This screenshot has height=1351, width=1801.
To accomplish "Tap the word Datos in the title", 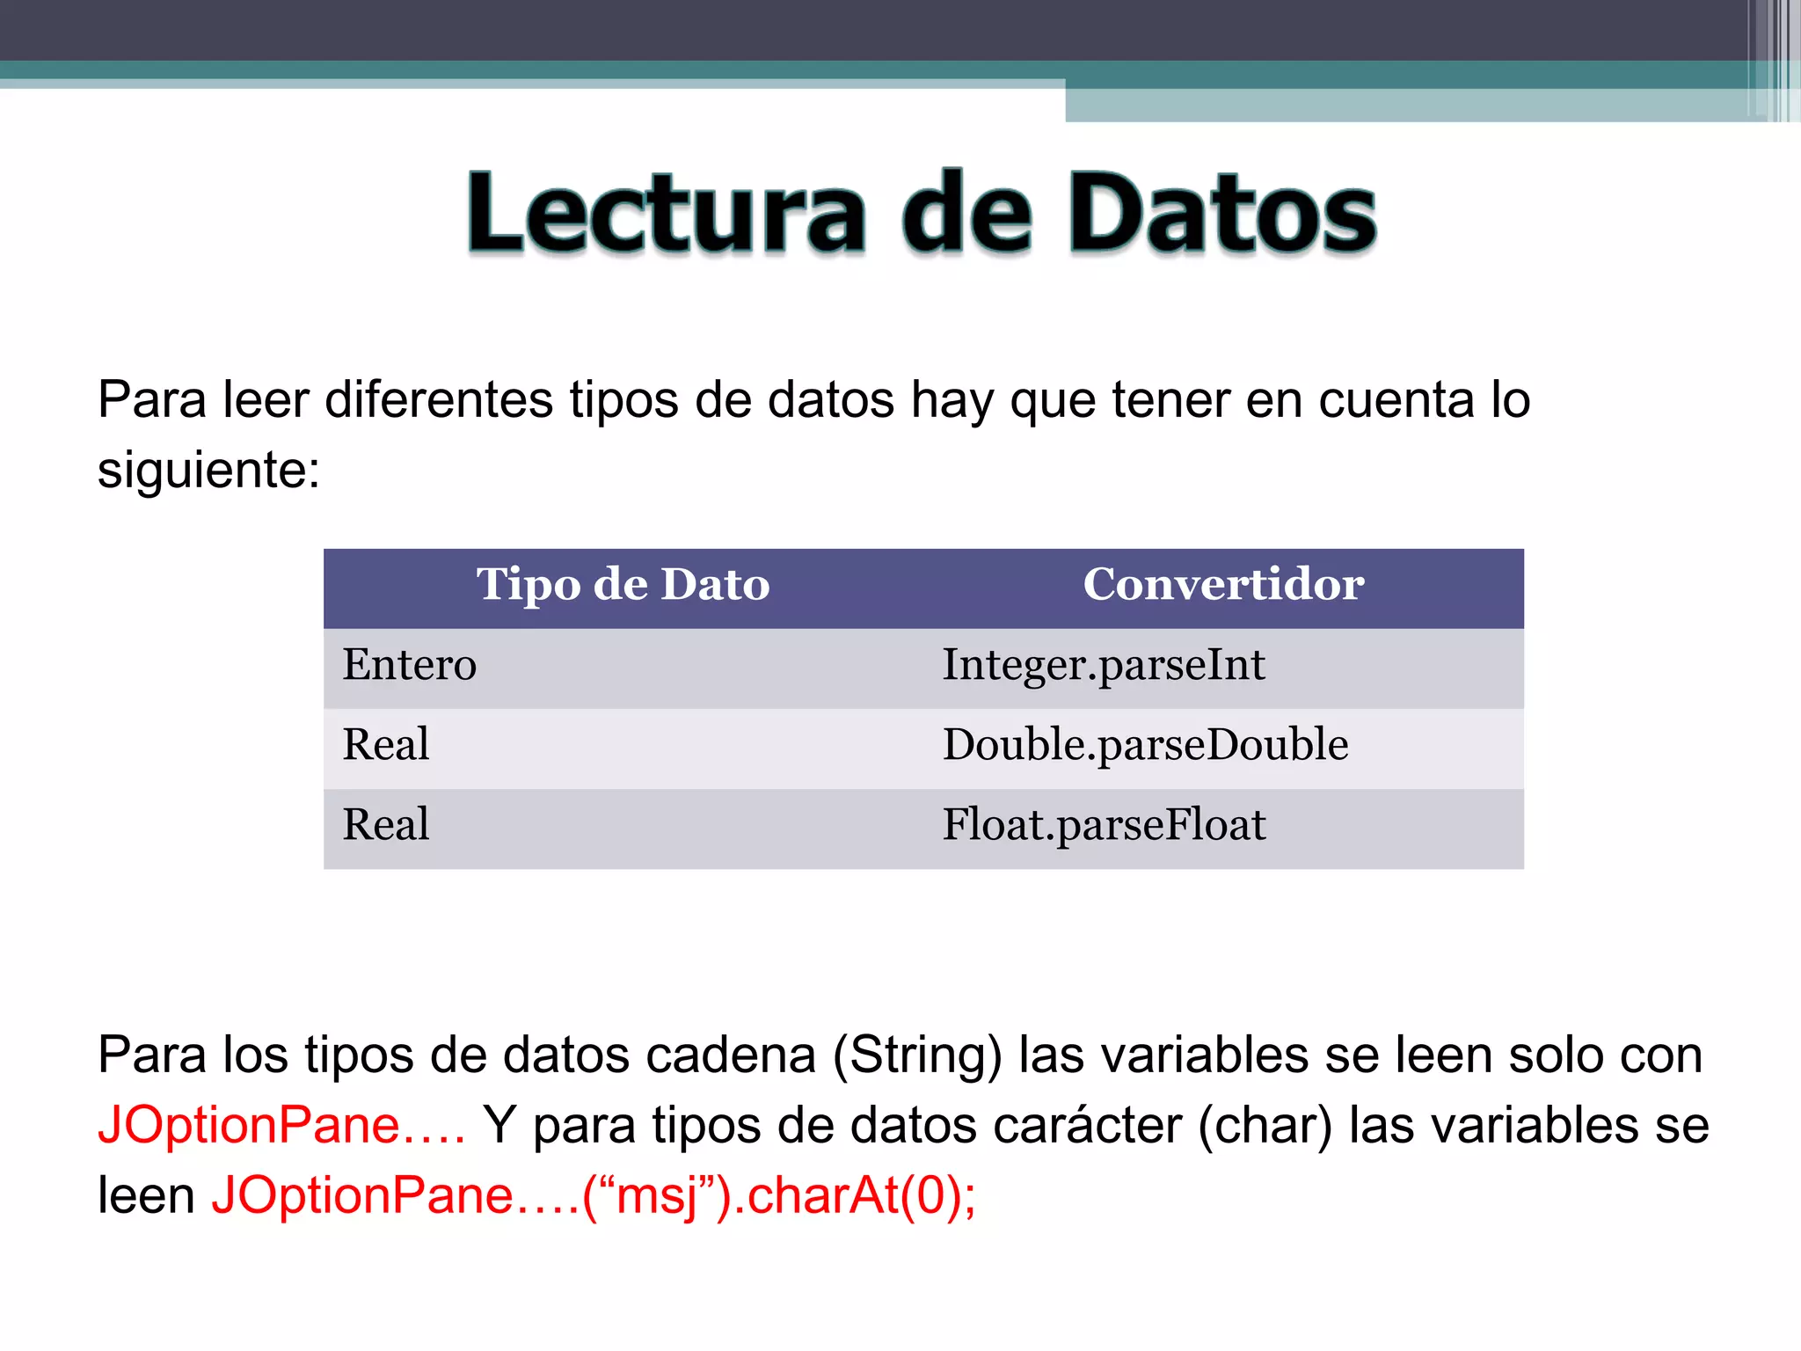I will tap(1221, 214).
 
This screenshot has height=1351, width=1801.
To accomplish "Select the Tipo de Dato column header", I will tap(623, 585).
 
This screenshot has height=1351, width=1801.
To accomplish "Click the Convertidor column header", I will tap(1223, 585).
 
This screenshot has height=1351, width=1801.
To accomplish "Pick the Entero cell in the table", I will tap(410, 665).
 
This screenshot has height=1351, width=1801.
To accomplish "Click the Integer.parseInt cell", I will tap(1104, 665).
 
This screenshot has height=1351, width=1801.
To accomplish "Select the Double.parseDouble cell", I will tap(1145, 745).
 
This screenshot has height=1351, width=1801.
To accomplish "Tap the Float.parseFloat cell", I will tap(1104, 825).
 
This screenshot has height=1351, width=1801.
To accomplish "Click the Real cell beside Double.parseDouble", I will tap(386, 745).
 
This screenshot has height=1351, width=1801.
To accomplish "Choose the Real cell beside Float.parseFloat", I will tap(386, 825).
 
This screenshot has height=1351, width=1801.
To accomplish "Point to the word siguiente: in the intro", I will tap(208, 471).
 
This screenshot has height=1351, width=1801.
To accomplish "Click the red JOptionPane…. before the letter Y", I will tap(281, 1126).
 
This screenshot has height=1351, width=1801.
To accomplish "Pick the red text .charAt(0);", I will tap(854, 1196).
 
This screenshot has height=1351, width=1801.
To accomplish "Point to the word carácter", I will tap(1086, 1126).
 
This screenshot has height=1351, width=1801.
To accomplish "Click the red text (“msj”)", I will tap(656, 1196).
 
